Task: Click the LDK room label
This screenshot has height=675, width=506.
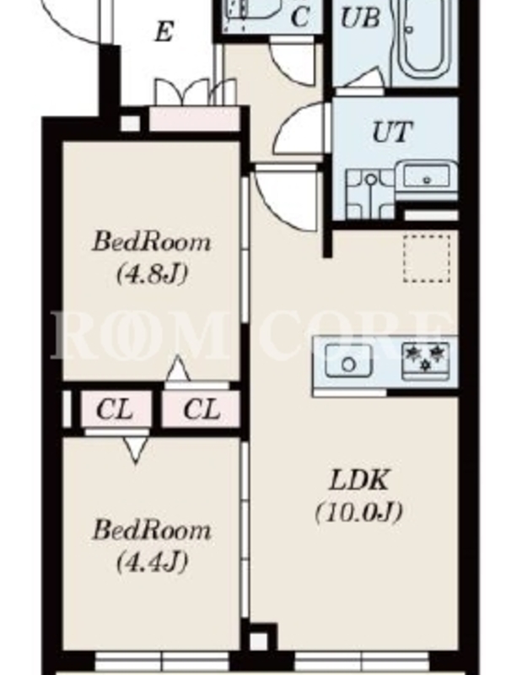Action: [x=359, y=480]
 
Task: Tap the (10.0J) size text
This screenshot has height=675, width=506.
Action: [x=359, y=512]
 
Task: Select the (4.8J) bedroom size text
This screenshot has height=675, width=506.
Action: [x=152, y=273]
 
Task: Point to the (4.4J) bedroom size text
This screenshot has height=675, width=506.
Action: [x=152, y=561]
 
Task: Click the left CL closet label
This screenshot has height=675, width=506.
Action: [x=115, y=409]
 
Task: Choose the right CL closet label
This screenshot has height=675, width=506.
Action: [x=202, y=409]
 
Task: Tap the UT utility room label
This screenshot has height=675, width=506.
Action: [x=392, y=132]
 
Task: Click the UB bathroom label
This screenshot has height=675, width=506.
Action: [x=361, y=18]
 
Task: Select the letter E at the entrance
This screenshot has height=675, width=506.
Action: [x=164, y=32]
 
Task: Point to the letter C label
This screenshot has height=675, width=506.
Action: [x=300, y=17]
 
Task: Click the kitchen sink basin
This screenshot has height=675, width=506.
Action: [x=348, y=361]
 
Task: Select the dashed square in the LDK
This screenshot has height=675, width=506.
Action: [x=427, y=259]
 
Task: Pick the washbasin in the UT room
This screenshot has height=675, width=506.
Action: [x=427, y=176]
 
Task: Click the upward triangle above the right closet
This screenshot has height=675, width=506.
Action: [x=178, y=369]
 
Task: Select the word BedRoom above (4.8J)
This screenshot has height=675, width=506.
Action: [x=152, y=241]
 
